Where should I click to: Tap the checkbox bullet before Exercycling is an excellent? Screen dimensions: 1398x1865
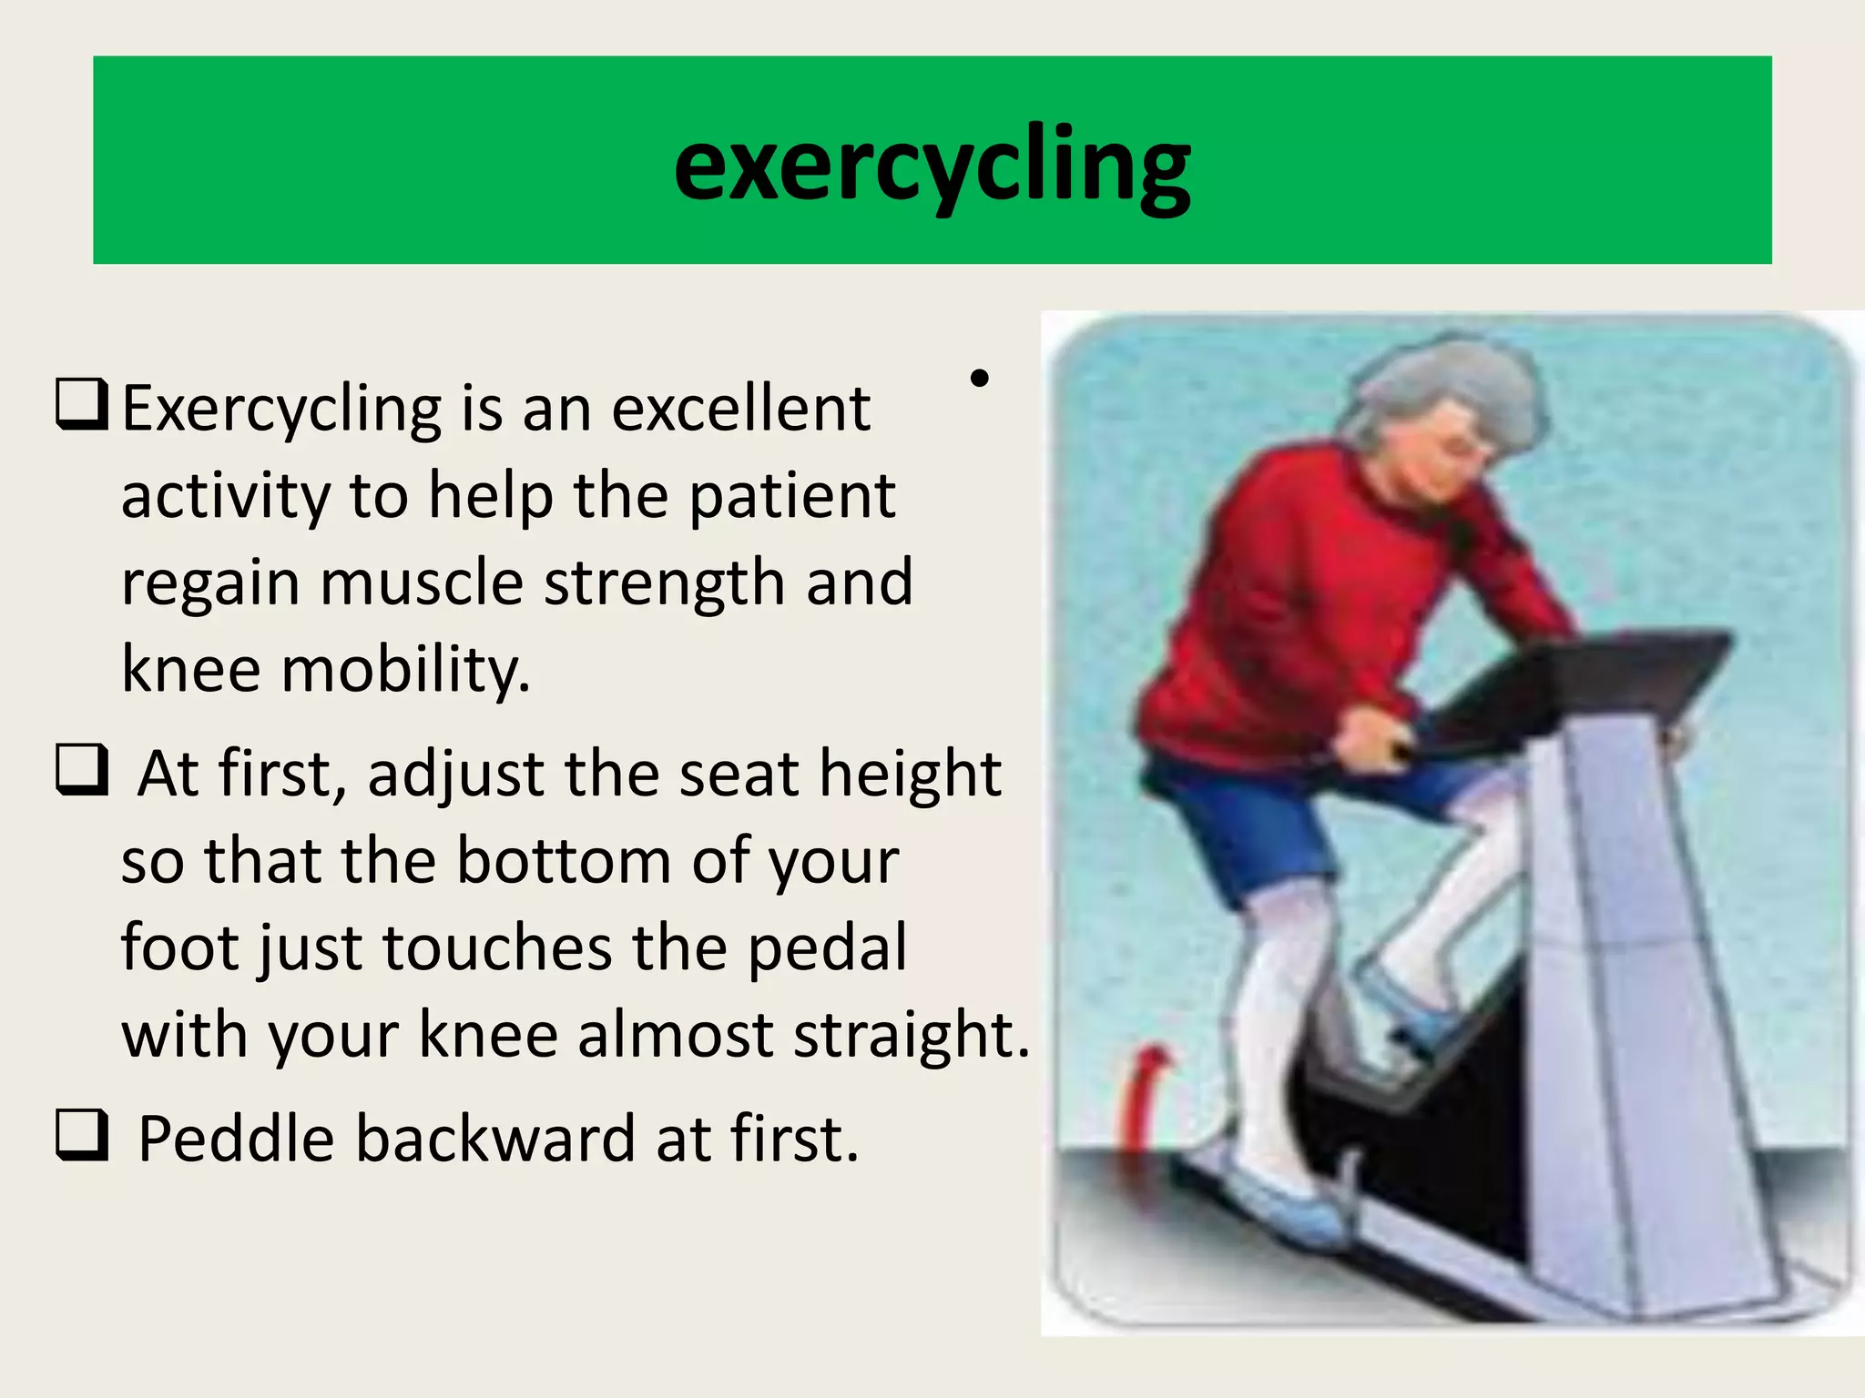click(x=82, y=404)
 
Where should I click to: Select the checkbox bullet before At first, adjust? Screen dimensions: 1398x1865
click(x=82, y=770)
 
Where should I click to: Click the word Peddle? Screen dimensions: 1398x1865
click(x=235, y=1140)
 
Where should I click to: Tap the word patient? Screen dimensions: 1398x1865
click(x=791, y=497)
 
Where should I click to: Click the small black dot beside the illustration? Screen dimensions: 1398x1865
click(x=979, y=379)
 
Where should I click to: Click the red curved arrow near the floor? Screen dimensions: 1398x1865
click(x=1143, y=1092)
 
